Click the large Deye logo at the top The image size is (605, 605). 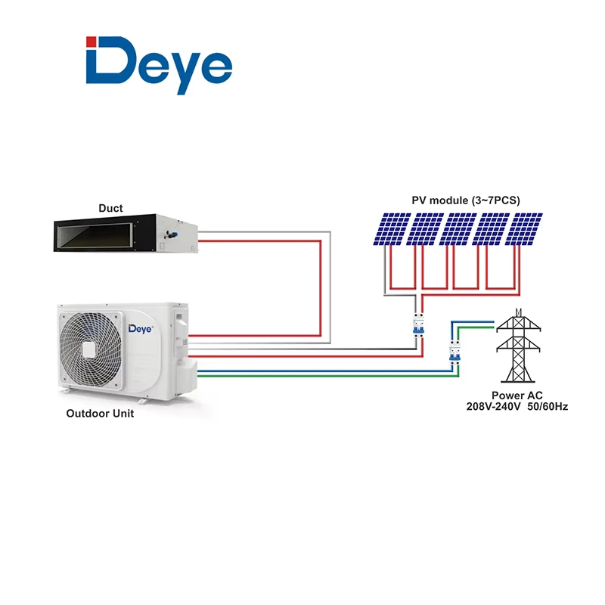pos(159,65)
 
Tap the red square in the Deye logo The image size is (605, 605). pos(91,42)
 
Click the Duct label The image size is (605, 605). pos(110,209)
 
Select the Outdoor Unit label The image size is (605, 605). pos(100,413)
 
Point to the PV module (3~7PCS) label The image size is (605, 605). pos(466,200)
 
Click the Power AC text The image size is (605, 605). pos(517,396)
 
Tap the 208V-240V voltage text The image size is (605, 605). pos(494,407)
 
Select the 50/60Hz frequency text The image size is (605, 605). pos(548,407)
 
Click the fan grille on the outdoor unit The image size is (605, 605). pos(91,350)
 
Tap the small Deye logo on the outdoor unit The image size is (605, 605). pos(141,329)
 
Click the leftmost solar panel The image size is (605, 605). pos(392,229)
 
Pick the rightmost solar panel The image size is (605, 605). pos(524,229)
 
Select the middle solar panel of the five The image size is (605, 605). pos(458,229)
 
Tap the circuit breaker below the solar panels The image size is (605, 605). pos(419,326)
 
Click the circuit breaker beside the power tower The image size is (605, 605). pos(455,352)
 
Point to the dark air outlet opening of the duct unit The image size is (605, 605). pos(95,236)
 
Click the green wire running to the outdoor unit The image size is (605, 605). pos(328,376)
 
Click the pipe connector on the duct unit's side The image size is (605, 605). pos(170,233)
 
